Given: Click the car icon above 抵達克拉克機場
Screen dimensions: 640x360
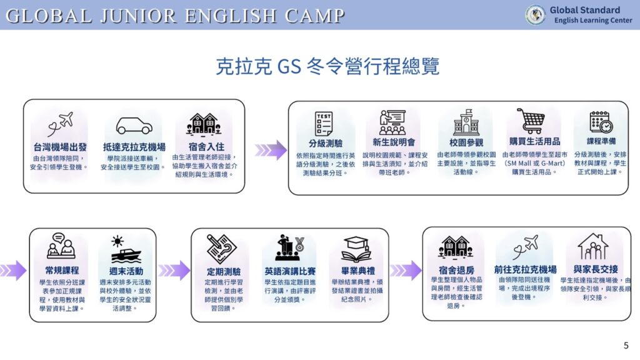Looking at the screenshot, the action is [x=134, y=126].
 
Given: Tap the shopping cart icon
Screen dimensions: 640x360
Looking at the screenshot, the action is [x=531, y=121].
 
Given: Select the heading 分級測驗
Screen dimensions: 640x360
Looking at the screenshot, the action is [x=325, y=143].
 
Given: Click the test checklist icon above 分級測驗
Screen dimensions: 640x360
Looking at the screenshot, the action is [x=324, y=123].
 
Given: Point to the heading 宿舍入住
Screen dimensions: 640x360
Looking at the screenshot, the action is [x=206, y=146].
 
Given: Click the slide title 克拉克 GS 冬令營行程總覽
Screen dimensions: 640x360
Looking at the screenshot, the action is [x=327, y=66].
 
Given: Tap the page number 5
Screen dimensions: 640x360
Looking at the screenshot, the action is [x=626, y=346].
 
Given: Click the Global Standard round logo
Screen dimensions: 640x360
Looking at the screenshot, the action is [x=535, y=15].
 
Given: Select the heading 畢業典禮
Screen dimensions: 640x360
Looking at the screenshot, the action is [x=358, y=271].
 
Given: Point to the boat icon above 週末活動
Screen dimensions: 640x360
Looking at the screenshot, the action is [x=126, y=250].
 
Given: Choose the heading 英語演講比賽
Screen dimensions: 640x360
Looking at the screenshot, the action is [x=290, y=271].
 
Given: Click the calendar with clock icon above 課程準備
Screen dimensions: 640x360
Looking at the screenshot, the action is [x=601, y=122].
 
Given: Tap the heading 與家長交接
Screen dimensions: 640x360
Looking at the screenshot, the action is [x=596, y=269].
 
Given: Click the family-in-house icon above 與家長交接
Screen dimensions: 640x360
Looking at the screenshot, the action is [x=593, y=246].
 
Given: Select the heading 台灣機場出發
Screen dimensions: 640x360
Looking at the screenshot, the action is [x=60, y=147].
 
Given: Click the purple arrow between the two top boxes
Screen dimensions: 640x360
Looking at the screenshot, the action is [x=271, y=150].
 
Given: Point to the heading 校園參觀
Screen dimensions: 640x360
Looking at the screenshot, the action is [x=466, y=142].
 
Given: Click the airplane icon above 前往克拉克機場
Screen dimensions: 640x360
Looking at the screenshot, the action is [x=526, y=247].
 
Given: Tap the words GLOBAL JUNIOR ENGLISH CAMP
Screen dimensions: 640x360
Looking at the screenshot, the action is [x=175, y=16].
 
